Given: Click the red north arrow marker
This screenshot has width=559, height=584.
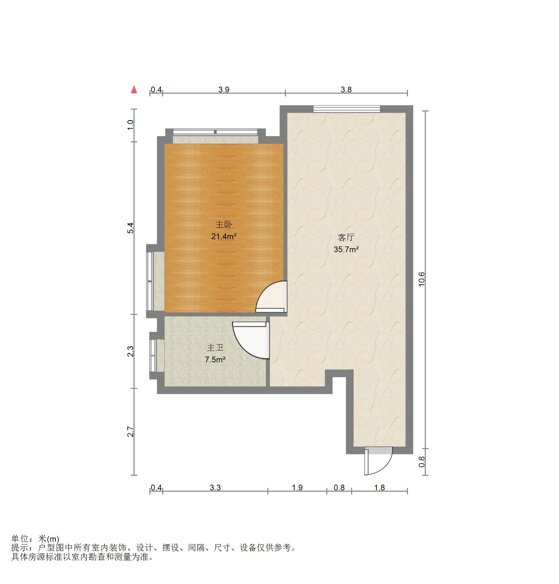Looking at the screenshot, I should pyautogui.click(x=134, y=90).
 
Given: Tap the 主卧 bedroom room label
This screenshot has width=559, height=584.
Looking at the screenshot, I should pyautogui.click(x=224, y=224).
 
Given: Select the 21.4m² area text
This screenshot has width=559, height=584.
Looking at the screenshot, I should pyautogui.click(x=224, y=237).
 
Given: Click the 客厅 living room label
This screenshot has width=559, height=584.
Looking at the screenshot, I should pyautogui.click(x=346, y=237).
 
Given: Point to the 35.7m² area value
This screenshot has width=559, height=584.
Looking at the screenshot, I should pyautogui.click(x=346, y=249).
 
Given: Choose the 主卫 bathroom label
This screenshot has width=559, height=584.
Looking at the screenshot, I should pyautogui.click(x=215, y=347).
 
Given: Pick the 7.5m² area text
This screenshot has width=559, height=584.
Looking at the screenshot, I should pyautogui.click(x=215, y=360).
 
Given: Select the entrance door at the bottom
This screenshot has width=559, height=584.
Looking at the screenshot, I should pyautogui.click(x=378, y=462).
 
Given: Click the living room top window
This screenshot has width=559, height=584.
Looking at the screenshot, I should pyautogui.click(x=347, y=109).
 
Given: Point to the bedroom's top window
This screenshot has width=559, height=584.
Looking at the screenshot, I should pyautogui.click(x=215, y=132).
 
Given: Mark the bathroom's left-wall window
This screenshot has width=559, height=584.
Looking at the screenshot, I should pyautogui.click(x=153, y=355).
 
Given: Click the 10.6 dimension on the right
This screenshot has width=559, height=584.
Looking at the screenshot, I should pyautogui.click(x=422, y=279).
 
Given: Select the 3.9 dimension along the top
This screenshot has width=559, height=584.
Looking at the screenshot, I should pyautogui.click(x=224, y=90).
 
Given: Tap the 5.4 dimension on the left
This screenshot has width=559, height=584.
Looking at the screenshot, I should pyautogui.click(x=131, y=228).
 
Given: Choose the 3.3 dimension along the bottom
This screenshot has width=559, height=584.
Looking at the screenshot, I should pyautogui.click(x=215, y=488).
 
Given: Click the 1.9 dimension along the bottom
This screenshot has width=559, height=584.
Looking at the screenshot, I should pyautogui.click(x=297, y=488).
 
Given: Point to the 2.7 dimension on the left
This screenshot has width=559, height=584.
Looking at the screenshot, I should pyautogui.click(x=131, y=431).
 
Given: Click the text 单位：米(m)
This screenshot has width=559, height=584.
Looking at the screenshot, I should pyautogui.click(x=35, y=539).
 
